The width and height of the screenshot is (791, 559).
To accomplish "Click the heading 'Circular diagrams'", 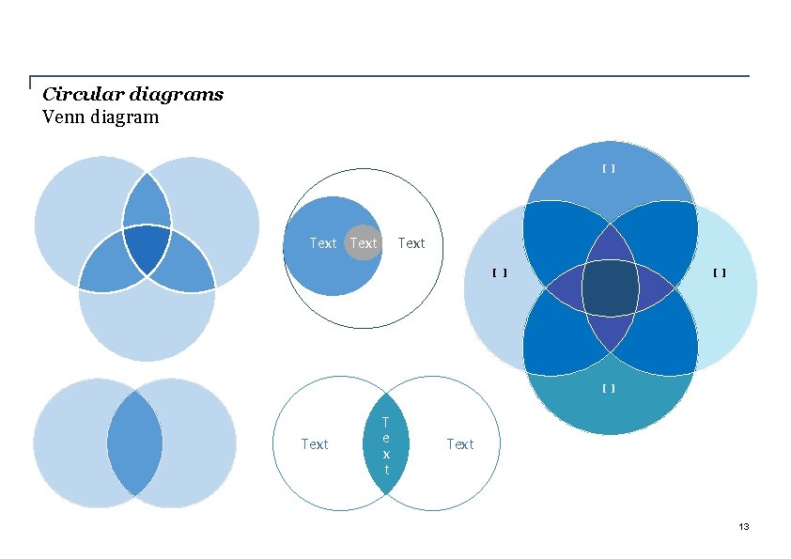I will (x=132, y=94).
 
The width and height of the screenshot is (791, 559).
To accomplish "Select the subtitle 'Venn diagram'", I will (x=101, y=117).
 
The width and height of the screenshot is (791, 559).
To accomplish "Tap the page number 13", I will (x=743, y=527).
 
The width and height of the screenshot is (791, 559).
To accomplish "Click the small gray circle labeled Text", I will (x=363, y=243).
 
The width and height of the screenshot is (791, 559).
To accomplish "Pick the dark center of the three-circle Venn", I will (x=147, y=248).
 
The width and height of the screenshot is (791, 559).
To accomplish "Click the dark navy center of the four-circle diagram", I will (x=611, y=287).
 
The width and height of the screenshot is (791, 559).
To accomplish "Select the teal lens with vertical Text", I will (x=386, y=443).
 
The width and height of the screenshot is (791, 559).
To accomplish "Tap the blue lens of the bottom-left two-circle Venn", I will (x=134, y=443).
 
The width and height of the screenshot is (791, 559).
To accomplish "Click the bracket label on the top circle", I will (x=609, y=169).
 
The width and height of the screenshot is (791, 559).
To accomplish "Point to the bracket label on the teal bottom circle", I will (x=609, y=388).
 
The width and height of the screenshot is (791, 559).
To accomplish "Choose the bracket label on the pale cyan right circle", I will (x=719, y=273).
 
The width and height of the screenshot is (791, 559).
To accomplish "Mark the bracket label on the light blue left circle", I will (x=500, y=273).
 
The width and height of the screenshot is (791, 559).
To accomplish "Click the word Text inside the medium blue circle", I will (x=322, y=243).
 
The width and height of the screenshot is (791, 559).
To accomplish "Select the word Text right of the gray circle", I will (x=411, y=243).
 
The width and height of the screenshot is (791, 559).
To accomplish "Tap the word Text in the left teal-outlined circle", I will (x=314, y=443).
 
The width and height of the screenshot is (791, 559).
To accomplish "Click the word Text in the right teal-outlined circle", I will (x=459, y=443).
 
